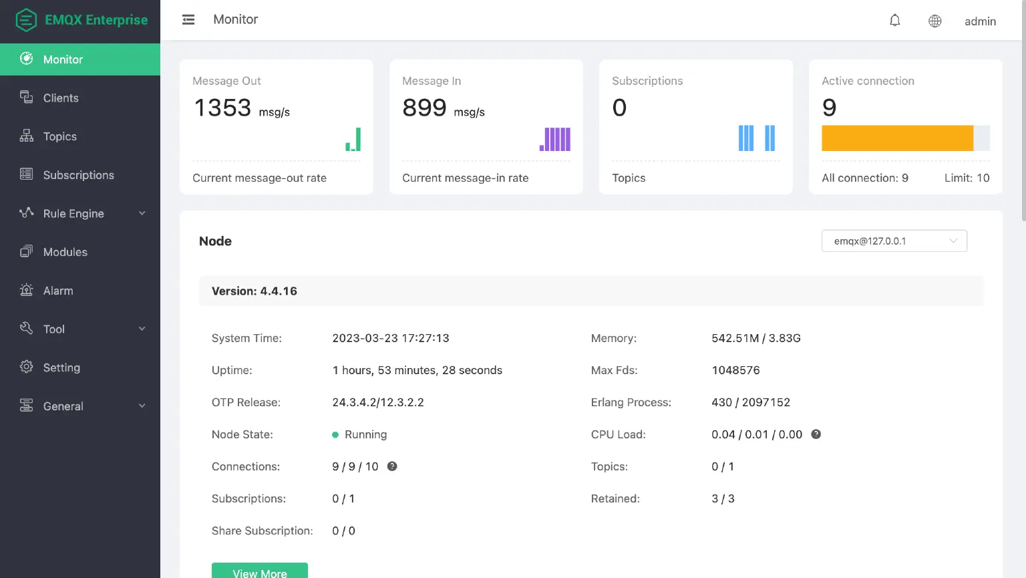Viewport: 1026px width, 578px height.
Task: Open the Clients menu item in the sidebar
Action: click(60, 98)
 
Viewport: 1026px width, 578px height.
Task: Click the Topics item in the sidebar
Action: click(59, 136)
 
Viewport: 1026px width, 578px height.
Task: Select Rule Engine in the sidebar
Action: click(73, 214)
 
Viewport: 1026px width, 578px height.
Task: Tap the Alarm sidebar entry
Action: click(58, 291)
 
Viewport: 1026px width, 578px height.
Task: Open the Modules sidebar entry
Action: click(65, 252)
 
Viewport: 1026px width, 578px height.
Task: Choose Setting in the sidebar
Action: click(61, 368)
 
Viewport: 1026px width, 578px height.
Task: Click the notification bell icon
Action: click(895, 21)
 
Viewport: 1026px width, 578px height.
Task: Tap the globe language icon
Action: click(935, 21)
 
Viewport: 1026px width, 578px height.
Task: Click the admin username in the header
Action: click(980, 21)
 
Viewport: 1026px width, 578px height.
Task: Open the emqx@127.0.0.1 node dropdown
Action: click(894, 241)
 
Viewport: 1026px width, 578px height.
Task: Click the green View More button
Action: click(259, 571)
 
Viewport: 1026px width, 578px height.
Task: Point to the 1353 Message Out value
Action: click(222, 108)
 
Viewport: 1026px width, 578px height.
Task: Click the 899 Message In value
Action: click(424, 108)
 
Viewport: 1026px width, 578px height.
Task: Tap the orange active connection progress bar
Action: click(897, 138)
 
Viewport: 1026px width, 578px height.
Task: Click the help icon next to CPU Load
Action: click(816, 434)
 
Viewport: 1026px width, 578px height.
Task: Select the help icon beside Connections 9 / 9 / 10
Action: click(392, 466)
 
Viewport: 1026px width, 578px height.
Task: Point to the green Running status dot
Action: click(335, 435)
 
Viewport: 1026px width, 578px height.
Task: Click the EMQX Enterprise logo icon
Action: click(26, 20)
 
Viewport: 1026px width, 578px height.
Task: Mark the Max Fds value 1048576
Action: click(735, 370)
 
